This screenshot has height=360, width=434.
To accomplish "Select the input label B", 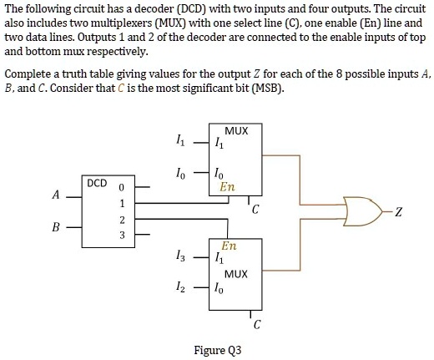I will tap(56, 225).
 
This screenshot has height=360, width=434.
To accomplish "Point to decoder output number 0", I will tap(122, 188).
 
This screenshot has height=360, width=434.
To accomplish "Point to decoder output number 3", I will tap(122, 236).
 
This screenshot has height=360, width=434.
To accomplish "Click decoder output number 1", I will tap(122, 204).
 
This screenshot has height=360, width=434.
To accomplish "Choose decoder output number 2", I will tap(122, 220).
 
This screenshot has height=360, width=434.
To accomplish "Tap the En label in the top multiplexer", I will tap(227, 188).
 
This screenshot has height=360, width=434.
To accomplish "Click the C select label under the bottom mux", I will tap(257, 324).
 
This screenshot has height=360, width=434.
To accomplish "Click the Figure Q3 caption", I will tap(217, 349).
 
